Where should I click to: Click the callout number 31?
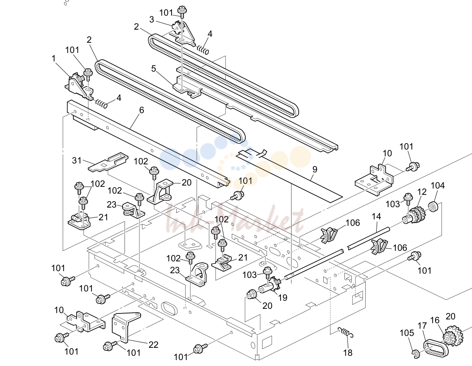pos(77,161)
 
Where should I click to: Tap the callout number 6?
pos(142,110)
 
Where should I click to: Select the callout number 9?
pos(315,169)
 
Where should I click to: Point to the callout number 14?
pos(376,216)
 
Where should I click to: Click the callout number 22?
pos(153,344)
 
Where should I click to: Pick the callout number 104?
pos(437,186)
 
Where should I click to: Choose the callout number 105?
pos(407,333)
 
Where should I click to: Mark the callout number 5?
pos(154,69)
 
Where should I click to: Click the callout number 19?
pos(283,298)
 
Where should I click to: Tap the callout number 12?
pos(422,192)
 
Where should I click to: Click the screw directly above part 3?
pos(181,11)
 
